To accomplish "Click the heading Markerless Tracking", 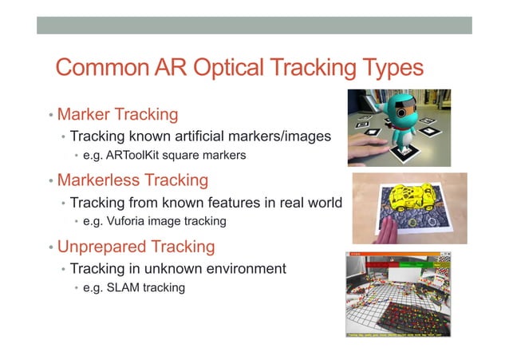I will [x=132, y=180].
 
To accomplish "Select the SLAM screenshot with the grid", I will [x=397, y=295].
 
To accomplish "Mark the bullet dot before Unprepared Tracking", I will [x=49, y=246].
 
